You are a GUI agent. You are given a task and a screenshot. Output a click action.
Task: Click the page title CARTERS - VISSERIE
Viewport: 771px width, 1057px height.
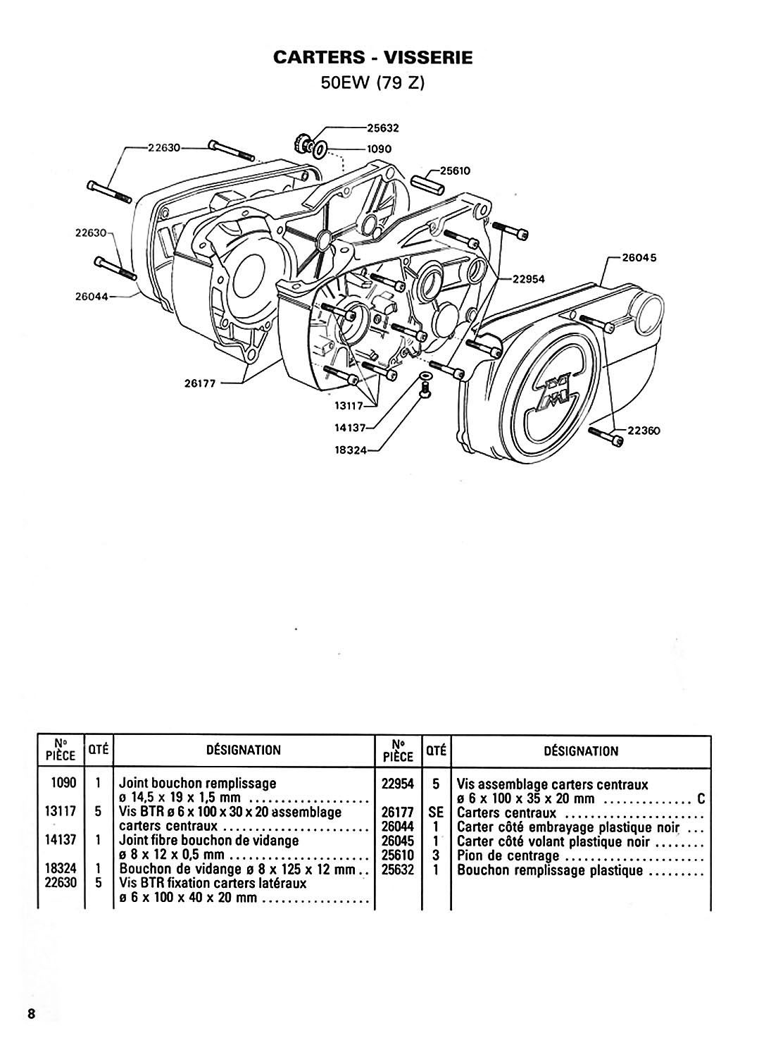[x=372, y=57]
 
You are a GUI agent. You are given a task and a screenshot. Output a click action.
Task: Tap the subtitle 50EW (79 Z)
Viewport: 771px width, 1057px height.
[x=372, y=83]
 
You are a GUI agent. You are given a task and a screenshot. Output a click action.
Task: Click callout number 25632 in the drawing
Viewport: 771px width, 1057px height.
[x=383, y=128]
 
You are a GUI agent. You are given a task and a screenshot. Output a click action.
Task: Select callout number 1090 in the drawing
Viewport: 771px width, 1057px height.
[x=379, y=149]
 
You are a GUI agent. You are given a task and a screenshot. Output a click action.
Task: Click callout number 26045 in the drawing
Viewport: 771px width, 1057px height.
[x=639, y=258]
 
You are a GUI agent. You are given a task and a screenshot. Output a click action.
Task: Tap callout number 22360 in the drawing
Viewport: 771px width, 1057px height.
[x=644, y=431]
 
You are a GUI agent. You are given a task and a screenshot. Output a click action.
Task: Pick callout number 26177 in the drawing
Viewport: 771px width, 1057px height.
[x=200, y=383]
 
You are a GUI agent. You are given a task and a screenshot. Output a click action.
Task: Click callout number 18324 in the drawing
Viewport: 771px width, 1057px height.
[x=351, y=450]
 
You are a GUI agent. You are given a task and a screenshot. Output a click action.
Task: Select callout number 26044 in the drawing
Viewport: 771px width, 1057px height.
[x=92, y=297]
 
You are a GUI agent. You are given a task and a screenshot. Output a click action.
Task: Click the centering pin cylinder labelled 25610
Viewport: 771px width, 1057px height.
[x=427, y=185]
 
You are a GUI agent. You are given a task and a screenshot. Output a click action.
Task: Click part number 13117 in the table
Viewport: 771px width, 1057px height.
[x=61, y=812]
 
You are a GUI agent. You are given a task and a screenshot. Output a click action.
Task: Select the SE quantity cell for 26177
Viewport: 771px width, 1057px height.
[x=436, y=812]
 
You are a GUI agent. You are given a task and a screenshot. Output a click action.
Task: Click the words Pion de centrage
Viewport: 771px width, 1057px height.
[x=508, y=855]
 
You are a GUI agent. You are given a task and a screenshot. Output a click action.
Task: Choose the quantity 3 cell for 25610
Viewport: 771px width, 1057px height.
[x=436, y=855]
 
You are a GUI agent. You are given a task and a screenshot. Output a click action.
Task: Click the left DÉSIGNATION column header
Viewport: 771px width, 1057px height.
[x=244, y=750]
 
